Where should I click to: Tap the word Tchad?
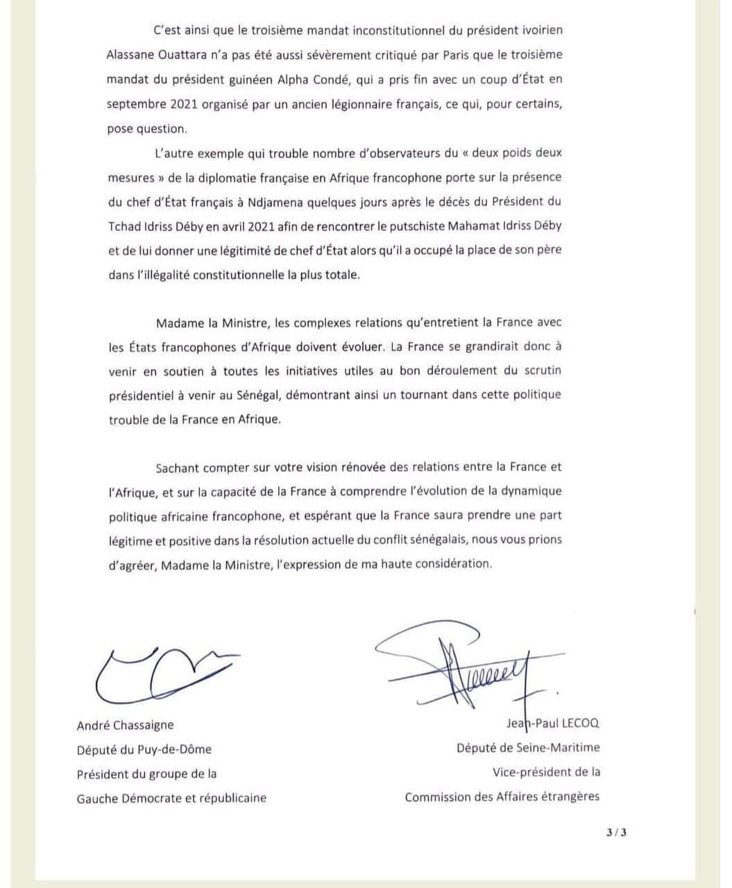(x=125, y=226)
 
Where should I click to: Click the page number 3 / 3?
(x=615, y=832)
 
